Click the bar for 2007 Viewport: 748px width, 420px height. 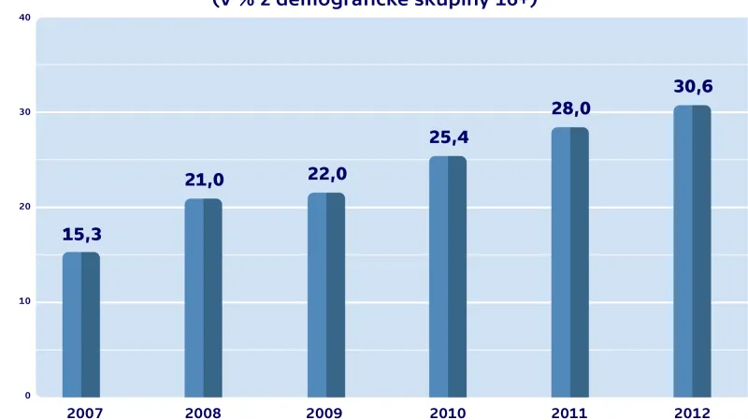coord(81,325)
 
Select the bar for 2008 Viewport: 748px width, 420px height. coord(203,297)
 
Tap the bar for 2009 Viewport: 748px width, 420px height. coord(326,295)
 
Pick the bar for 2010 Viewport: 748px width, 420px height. coord(448,276)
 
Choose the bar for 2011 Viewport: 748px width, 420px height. coord(569,262)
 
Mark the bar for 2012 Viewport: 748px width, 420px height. coord(692,251)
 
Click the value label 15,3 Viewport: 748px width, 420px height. coord(81,234)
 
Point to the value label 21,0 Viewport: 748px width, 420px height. coord(204,180)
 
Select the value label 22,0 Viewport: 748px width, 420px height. coord(327,174)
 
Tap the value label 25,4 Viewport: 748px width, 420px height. coord(449,138)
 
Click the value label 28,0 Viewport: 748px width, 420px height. coord(570,109)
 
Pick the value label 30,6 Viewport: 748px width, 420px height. coord(693,87)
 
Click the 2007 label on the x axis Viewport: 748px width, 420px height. coord(84,413)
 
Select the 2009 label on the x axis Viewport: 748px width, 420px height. coord(324,413)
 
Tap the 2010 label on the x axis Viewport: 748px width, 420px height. coord(447,413)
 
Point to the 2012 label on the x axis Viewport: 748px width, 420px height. coord(692,413)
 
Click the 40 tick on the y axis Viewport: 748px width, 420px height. coord(24,18)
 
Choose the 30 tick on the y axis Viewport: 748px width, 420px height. coord(24,112)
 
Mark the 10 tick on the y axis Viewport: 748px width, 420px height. coord(24,301)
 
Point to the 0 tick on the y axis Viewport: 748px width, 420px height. coord(27,396)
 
